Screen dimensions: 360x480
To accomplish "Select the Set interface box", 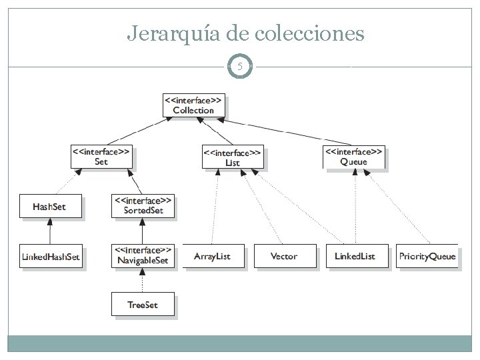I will coord(101,157).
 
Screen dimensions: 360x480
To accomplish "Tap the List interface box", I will coord(233,157).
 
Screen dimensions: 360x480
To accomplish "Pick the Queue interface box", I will coord(353,157).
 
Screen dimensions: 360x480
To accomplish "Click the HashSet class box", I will coord(50,206).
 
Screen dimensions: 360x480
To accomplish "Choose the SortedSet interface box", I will coord(143,205).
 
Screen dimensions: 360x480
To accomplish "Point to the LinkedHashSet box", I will coord(51,256).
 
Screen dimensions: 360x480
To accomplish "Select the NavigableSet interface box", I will coord(143,255).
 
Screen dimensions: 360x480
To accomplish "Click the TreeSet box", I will coord(143,305).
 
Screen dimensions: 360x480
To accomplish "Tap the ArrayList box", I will coord(212,256).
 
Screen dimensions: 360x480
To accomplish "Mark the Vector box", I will coord(284,256).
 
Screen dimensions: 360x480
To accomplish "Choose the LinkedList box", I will coord(355,256).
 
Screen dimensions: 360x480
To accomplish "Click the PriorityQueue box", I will coord(427,256).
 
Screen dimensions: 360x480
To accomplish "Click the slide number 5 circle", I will coord(240,67).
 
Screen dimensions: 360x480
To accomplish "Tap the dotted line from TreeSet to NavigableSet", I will coord(143,281).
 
